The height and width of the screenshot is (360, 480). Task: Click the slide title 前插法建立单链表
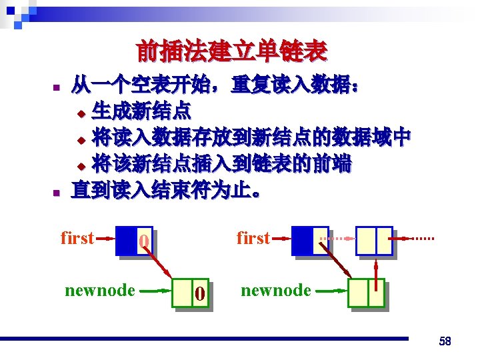[232, 51]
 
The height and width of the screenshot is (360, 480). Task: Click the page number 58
[445, 342]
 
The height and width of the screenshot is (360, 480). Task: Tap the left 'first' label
[77, 238]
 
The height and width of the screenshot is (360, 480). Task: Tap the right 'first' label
[253, 238]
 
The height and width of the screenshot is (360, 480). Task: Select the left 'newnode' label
[100, 290]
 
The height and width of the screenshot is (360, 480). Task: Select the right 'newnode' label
[276, 290]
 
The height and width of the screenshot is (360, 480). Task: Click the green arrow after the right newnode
[331, 291]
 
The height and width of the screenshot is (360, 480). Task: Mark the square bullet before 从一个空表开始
[56, 87]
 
